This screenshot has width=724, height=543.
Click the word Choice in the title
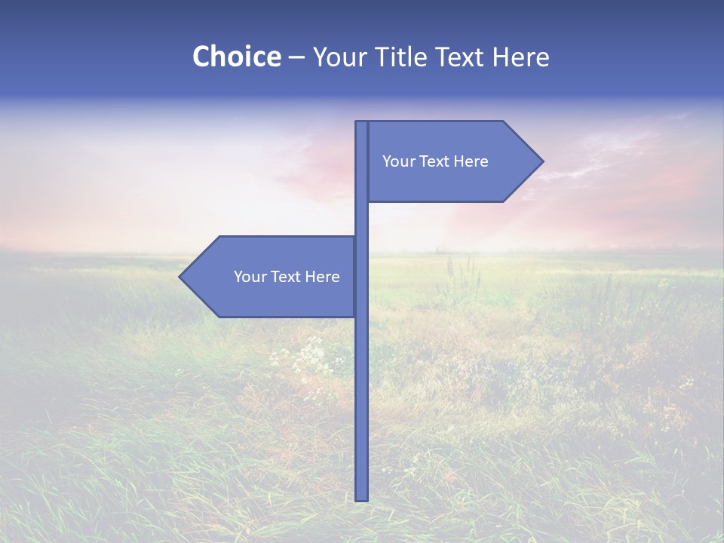pos(236,57)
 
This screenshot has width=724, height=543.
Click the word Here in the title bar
pos(522,57)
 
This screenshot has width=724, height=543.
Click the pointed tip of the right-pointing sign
pos(541,161)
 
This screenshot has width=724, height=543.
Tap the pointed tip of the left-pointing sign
pos(181,277)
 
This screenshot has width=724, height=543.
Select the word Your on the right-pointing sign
pos(397,161)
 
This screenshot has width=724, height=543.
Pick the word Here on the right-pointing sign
pos(471,161)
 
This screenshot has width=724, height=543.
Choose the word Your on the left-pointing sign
pos(249,277)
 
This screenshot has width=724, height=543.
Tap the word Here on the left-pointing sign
pos(323,277)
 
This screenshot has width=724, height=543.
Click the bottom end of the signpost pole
pos(362,498)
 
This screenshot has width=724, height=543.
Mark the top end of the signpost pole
pos(362,123)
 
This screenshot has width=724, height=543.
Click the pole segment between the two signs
pos(362,219)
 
